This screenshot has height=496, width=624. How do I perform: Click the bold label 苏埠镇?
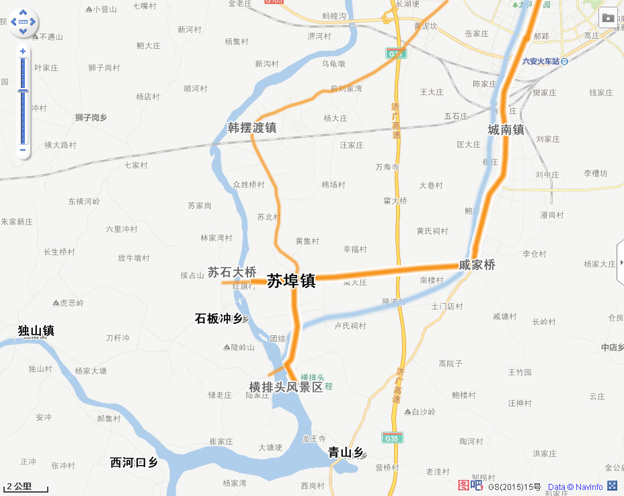point(291,281)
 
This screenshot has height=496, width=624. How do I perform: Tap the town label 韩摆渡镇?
point(252,128)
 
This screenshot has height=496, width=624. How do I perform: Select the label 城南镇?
point(506,130)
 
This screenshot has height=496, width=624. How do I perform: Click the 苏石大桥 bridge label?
point(231,272)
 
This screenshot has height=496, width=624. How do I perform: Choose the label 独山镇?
point(36,331)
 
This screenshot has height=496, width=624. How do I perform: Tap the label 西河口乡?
point(134,462)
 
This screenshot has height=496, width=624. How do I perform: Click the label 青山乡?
point(346,452)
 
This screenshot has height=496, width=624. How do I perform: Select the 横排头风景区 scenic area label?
point(286,387)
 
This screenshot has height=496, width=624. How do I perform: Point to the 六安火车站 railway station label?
point(542,61)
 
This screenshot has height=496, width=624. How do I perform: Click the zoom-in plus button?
point(23,51)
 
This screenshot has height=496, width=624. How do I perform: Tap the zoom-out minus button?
point(23,149)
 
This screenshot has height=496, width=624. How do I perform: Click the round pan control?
point(23,22)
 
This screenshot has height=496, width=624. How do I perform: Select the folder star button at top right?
point(608,17)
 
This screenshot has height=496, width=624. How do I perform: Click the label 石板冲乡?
point(219,318)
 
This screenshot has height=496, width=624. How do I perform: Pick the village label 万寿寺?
point(387,167)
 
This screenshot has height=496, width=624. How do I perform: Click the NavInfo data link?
point(575,487)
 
